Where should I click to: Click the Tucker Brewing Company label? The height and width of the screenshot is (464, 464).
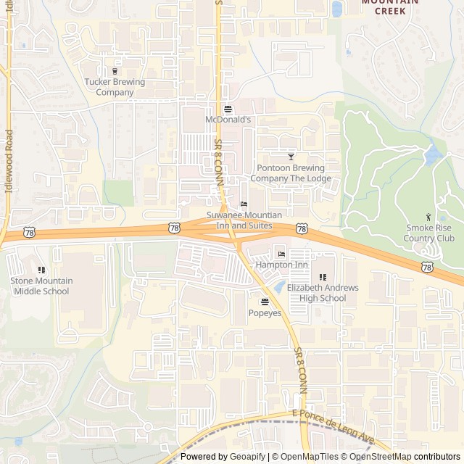(x=115, y=87)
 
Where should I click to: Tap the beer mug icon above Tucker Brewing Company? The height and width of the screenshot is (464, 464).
(x=115, y=71)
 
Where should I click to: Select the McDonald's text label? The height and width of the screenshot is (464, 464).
(x=228, y=120)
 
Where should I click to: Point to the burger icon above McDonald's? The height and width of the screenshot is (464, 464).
(x=228, y=109)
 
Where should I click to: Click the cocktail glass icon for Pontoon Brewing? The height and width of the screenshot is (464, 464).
(x=291, y=157)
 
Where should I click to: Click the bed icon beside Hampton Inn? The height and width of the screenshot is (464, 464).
(x=281, y=254)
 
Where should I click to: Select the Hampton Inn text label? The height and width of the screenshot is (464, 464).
(x=281, y=265)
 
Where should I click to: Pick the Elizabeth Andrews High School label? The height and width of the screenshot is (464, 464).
(x=323, y=293)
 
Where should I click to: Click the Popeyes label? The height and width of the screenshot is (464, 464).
(x=265, y=313)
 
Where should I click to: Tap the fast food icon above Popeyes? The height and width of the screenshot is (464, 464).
(x=265, y=302)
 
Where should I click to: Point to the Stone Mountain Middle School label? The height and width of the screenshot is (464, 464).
(x=41, y=286)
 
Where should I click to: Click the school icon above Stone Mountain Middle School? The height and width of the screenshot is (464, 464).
(x=41, y=270)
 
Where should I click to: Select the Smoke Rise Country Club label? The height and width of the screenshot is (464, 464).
(x=429, y=233)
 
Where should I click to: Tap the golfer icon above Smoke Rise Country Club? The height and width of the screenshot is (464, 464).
(x=428, y=217)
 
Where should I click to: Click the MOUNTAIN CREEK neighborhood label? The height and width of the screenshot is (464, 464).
(x=390, y=7)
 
